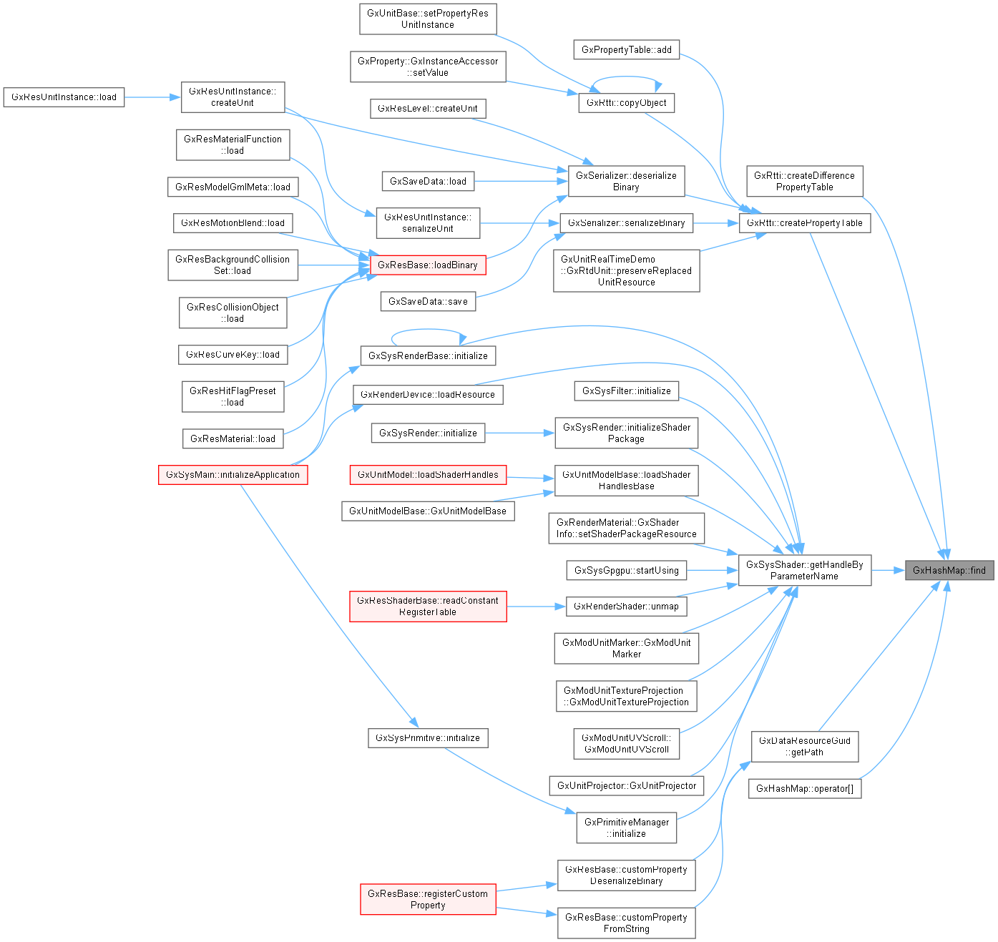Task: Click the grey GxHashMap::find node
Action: [x=949, y=570]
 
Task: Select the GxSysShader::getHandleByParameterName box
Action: [x=804, y=570]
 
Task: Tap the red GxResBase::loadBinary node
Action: [x=428, y=265]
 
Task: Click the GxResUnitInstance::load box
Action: [x=64, y=97]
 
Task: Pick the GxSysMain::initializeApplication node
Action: [x=233, y=475]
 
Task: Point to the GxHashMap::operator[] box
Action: [x=804, y=788]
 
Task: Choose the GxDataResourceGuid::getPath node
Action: [x=804, y=746]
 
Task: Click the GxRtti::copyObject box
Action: [x=626, y=103]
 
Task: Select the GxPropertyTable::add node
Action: [x=626, y=49]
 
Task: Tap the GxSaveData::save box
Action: [x=428, y=301]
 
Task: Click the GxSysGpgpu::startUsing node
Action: [x=626, y=570]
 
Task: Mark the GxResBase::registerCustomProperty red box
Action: [x=428, y=899]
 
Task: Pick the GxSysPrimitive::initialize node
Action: [x=428, y=737]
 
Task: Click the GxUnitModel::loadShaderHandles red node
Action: [x=428, y=474]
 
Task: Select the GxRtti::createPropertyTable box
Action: [x=804, y=222]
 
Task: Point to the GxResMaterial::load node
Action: [x=233, y=438]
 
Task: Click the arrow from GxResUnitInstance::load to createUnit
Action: [x=152, y=97]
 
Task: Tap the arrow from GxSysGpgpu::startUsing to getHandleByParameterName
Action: [x=713, y=570]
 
